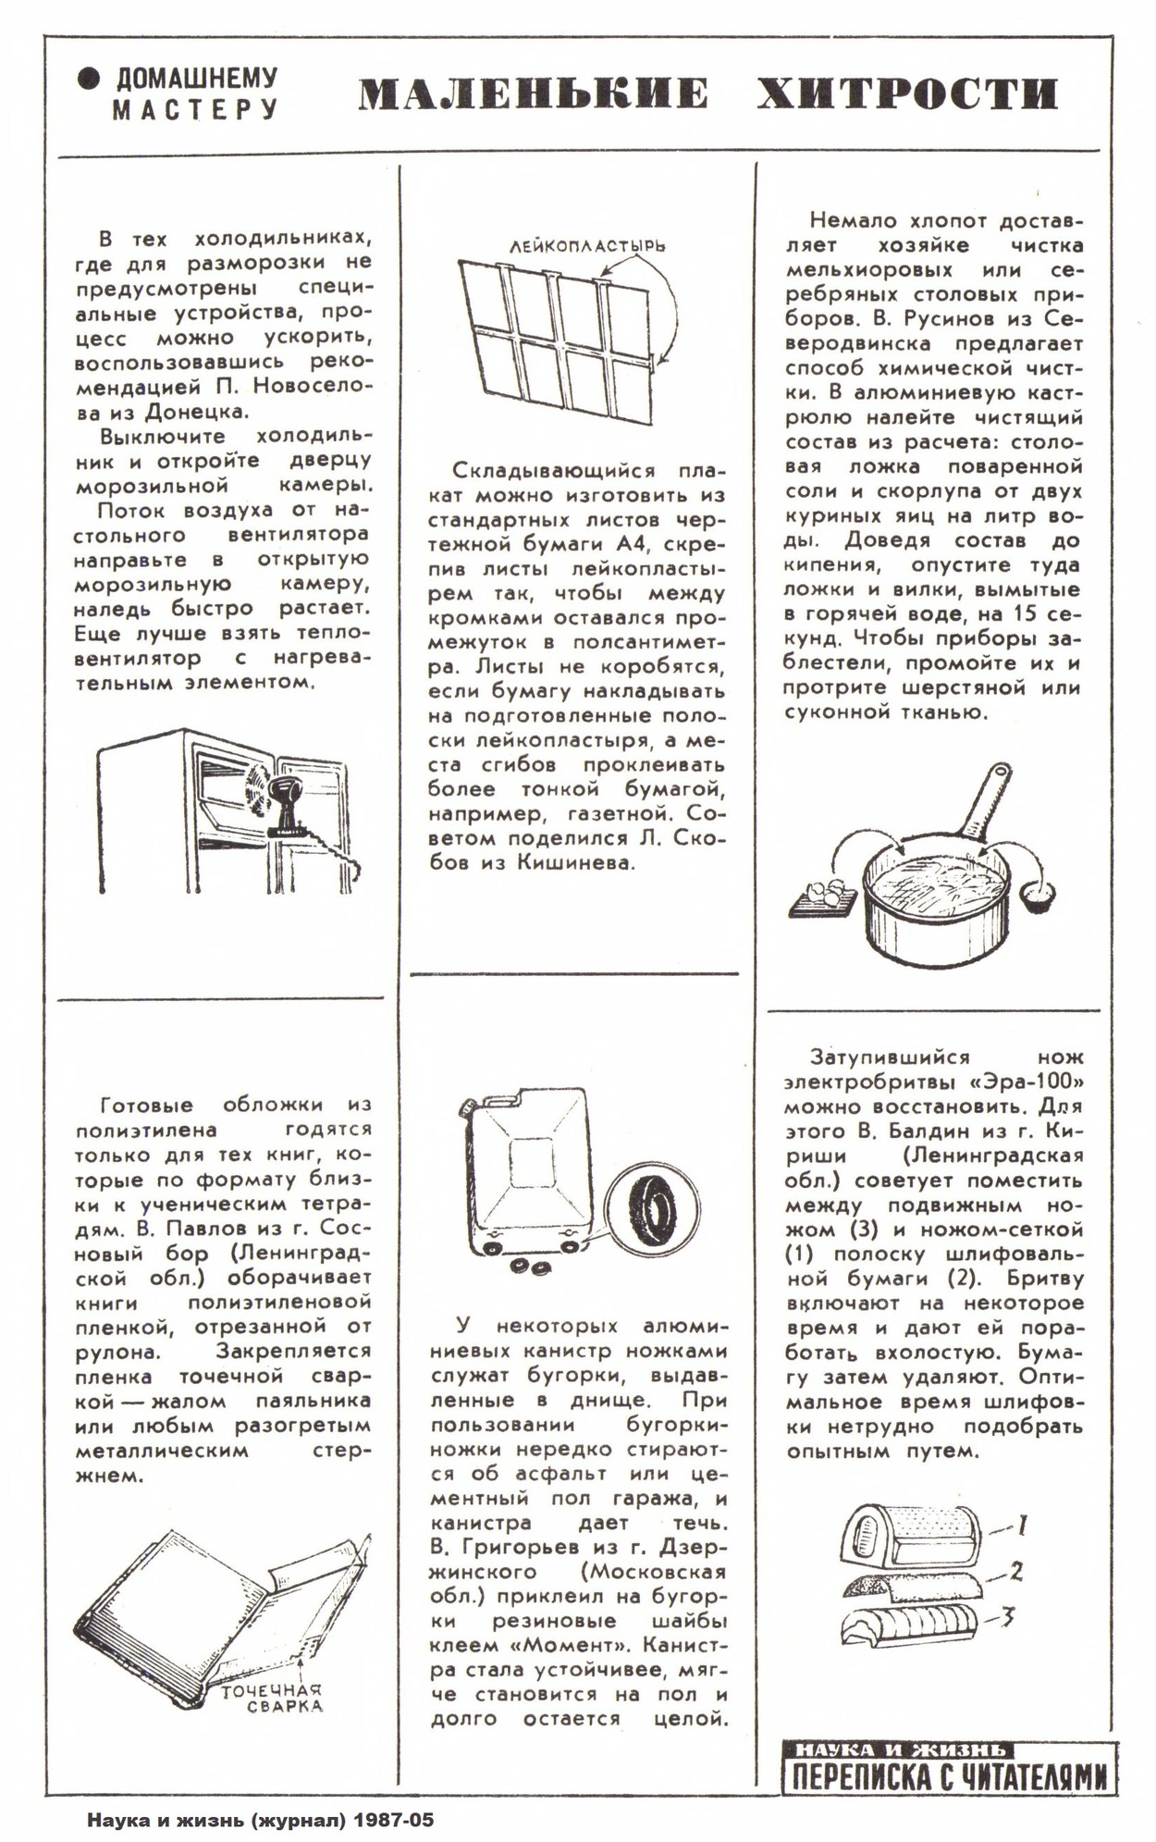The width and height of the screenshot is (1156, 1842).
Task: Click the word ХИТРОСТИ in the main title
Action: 907,94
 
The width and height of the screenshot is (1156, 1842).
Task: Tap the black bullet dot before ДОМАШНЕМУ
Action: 89,80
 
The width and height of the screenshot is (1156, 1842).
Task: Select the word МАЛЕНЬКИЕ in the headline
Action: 534,94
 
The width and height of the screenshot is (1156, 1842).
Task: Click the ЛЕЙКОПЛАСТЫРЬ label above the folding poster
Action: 587,248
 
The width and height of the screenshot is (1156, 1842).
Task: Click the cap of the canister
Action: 465,1105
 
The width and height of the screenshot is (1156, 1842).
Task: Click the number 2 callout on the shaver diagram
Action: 1015,1572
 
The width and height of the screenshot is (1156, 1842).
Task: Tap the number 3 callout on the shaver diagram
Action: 1010,1617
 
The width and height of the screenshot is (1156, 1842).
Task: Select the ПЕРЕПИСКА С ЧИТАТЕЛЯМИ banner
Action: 948,1775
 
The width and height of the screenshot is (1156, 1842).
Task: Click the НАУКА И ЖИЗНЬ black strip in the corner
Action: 898,1749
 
